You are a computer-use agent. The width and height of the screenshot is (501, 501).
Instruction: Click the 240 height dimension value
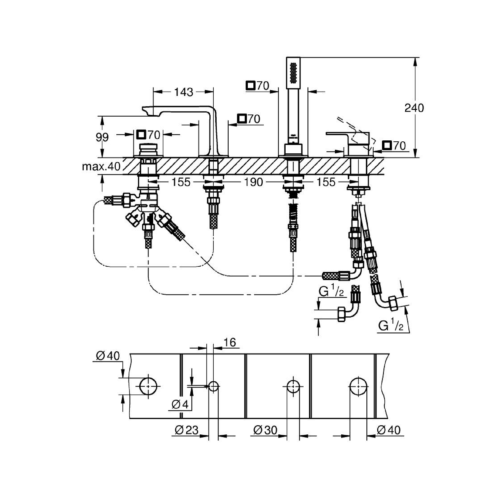(x=414, y=108)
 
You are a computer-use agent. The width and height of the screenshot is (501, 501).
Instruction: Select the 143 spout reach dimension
(x=184, y=92)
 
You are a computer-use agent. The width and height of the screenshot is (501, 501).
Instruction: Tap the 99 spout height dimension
(x=102, y=137)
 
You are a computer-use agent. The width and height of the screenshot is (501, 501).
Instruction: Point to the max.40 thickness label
(x=101, y=167)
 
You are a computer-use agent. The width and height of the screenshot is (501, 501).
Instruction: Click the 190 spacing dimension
(x=254, y=182)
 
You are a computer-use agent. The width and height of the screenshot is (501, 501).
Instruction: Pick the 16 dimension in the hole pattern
(x=230, y=343)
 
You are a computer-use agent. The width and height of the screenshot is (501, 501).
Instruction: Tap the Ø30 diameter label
(x=265, y=430)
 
